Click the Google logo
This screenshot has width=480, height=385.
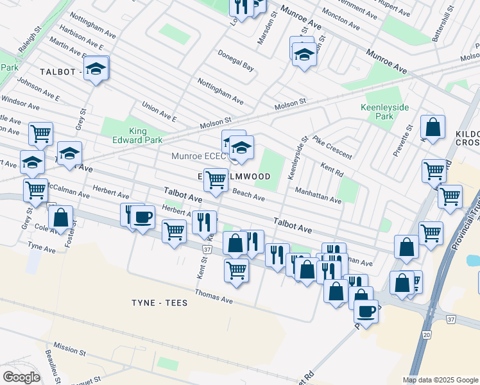tap(21, 377)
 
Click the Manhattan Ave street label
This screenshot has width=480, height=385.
tap(318, 196)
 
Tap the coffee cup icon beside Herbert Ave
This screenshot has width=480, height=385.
tap(144, 218)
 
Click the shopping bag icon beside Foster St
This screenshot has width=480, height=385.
tap(60, 218)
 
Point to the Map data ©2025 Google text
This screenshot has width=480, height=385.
tap(440, 380)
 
